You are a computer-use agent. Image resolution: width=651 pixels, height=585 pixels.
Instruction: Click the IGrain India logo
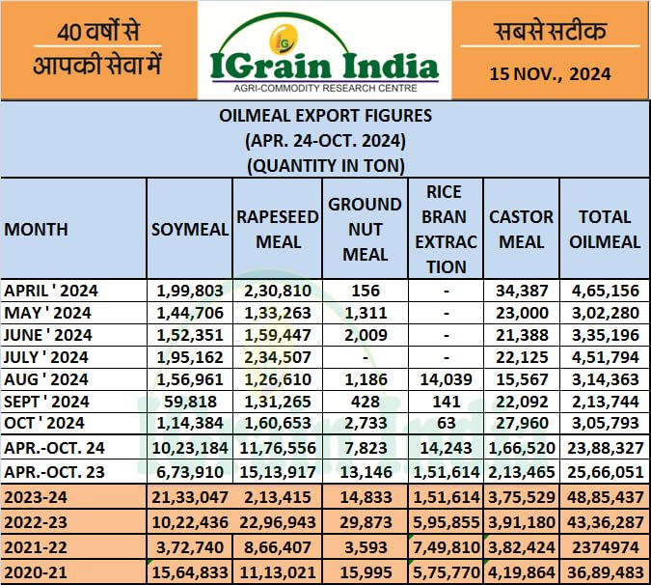323,50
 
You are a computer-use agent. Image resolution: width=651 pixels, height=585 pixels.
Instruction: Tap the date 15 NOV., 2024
549,72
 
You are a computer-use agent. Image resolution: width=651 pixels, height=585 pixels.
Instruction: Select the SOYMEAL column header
190,229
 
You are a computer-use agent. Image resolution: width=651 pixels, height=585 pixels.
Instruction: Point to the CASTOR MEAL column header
521,229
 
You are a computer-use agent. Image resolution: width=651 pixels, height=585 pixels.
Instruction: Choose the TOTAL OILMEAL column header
605,229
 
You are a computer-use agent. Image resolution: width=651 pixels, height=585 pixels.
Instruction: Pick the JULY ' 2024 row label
47,356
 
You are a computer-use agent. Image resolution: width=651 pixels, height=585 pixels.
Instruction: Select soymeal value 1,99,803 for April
190,290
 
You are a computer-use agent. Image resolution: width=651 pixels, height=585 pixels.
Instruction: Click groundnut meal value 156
365,290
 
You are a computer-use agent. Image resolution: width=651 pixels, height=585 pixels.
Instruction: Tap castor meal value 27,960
521,423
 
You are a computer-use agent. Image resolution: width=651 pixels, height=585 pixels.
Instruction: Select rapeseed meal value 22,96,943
278,522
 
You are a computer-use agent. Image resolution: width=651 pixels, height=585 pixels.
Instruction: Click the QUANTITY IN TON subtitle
324,164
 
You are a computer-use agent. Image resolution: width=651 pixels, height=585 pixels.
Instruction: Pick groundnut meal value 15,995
365,572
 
